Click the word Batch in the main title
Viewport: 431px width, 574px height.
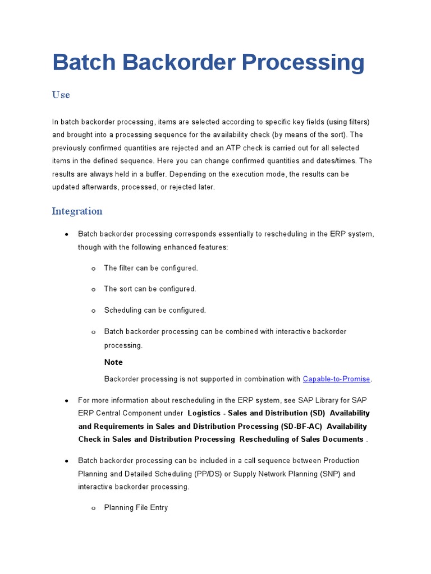click(84, 62)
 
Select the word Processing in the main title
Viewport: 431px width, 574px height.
click(303, 62)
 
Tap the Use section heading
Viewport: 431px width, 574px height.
click(61, 95)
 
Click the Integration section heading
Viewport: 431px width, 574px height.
click(77, 211)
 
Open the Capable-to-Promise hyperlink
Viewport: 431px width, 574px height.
click(336, 379)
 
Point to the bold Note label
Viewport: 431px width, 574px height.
click(113, 362)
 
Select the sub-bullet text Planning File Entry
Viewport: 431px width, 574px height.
click(136, 508)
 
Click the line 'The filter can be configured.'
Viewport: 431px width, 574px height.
click(151, 268)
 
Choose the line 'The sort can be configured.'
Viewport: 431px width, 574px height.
click(150, 289)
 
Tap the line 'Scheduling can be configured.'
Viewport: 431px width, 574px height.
click(155, 310)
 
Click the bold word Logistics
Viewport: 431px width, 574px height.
click(204, 413)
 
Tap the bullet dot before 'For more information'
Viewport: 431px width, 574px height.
click(67, 401)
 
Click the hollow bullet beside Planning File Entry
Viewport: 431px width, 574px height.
click(93, 508)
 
